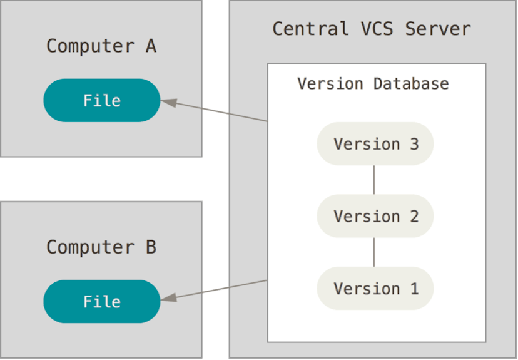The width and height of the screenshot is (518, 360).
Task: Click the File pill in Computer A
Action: click(x=101, y=100)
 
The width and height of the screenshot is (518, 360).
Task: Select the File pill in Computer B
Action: click(x=101, y=301)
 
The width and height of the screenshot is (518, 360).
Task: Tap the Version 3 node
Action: click(x=375, y=144)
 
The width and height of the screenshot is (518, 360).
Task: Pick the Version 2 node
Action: click(x=375, y=216)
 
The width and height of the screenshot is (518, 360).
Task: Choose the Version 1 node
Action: click(x=375, y=289)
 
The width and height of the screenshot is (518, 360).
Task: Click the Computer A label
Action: click(x=101, y=46)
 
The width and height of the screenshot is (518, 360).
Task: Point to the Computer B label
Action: click(x=101, y=247)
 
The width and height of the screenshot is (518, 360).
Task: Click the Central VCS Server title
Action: click(x=371, y=29)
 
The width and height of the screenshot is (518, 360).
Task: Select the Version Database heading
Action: click(x=373, y=84)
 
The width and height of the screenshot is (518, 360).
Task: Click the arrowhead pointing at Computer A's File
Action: click(x=168, y=102)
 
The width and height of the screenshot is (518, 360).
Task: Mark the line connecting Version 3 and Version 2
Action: click(x=374, y=180)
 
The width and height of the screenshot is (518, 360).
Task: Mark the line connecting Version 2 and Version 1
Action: click(x=374, y=252)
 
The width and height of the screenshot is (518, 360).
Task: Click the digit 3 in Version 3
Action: click(x=414, y=144)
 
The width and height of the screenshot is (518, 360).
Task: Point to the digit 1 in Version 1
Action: click(x=414, y=289)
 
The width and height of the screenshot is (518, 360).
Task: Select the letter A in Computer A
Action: click(x=150, y=46)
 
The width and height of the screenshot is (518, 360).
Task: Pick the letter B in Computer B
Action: click(x=150, y=247)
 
